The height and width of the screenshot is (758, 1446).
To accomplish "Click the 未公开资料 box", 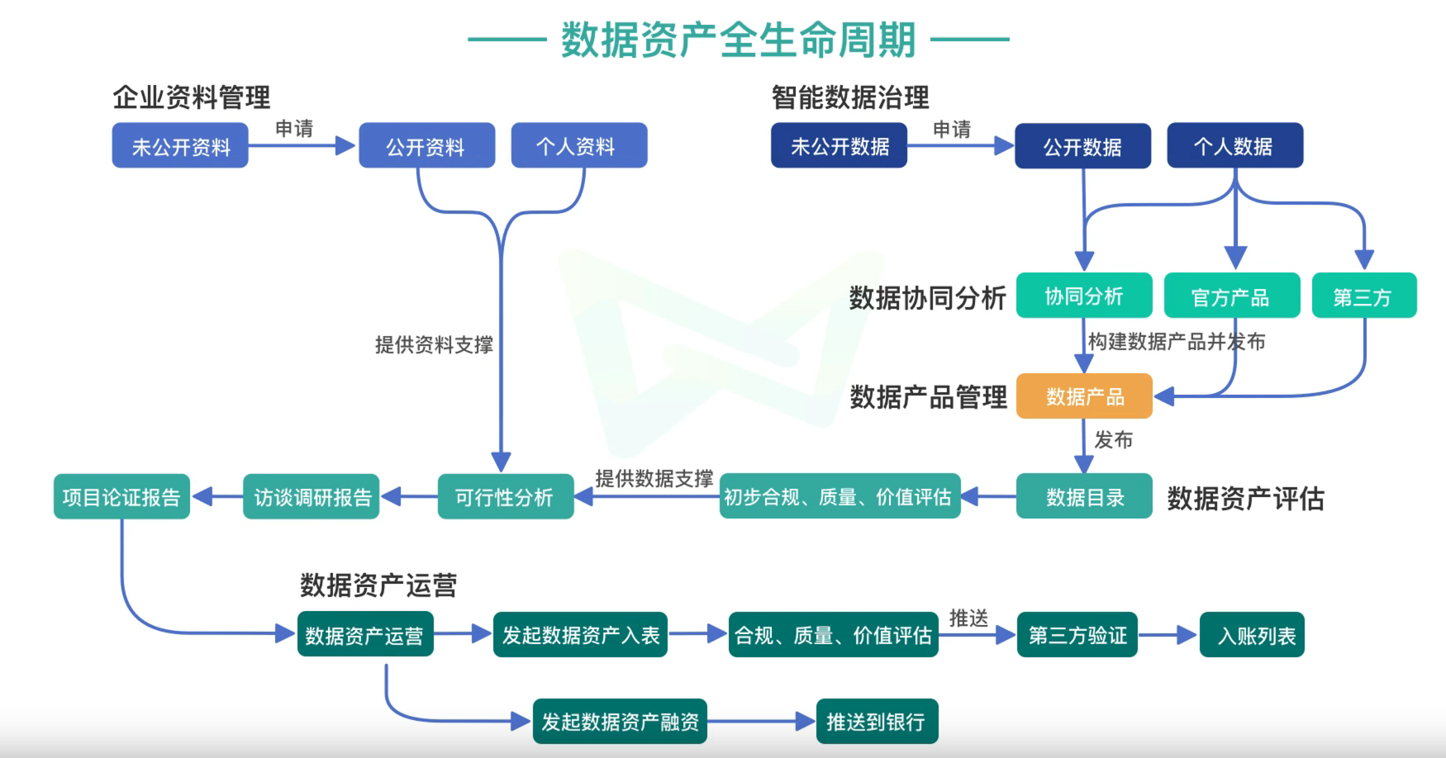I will click(180, 146).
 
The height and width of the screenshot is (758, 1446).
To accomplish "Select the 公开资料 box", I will click(426, 146).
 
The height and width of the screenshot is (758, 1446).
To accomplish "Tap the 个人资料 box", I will click(578, 146).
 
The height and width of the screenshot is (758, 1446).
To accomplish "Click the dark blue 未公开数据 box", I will click(839, 146).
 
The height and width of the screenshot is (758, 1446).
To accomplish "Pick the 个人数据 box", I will click(1234, 146).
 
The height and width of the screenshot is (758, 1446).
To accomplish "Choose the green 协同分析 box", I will click(1083, 296).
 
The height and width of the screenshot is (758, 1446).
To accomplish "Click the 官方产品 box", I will click(1231, 296).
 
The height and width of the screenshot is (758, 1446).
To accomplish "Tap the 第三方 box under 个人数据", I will click(1363, 296).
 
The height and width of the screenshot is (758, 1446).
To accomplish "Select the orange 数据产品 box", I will click(1083, 396).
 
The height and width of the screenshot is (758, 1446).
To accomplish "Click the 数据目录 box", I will click(1083, 496).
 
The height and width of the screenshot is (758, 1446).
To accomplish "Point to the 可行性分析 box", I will click(505, 496).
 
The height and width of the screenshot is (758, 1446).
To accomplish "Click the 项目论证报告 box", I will click(121, 496).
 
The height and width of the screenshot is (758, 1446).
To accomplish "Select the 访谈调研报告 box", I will click(312, 496).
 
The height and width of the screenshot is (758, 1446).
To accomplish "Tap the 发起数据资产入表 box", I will click(580, 634).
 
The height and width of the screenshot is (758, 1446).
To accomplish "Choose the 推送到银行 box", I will click(877, 722).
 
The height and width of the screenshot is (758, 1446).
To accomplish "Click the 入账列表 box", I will click(1251, 634).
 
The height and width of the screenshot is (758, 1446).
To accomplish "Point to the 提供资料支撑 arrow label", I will click(434, 344).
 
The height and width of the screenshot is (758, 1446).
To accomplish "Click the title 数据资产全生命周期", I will click(738, 40).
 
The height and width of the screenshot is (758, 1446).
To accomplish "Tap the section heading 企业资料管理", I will click(192, 97).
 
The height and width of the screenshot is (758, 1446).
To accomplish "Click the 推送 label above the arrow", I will click(968, 618).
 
